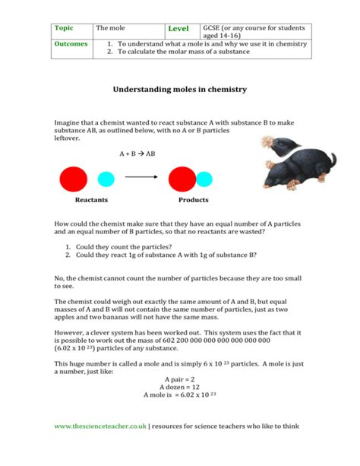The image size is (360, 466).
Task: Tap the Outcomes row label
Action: pos(71,44)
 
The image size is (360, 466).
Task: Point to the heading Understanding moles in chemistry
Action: pos(180,89)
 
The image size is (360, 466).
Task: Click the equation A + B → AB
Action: pos(137,153)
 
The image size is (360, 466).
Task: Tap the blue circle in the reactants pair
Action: pos(105,180)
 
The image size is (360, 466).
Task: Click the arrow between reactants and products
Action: pos(141,179)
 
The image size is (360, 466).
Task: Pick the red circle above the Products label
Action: pos(182,179)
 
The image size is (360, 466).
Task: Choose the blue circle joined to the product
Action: pos(204,180)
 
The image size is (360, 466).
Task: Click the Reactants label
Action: pos(91,200)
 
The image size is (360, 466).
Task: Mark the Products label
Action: pos(193,200)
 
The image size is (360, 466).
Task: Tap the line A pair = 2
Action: pos(180,379)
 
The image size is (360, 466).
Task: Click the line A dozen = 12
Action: pos(180,387)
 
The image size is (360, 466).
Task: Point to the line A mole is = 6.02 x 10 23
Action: pos(180,395)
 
